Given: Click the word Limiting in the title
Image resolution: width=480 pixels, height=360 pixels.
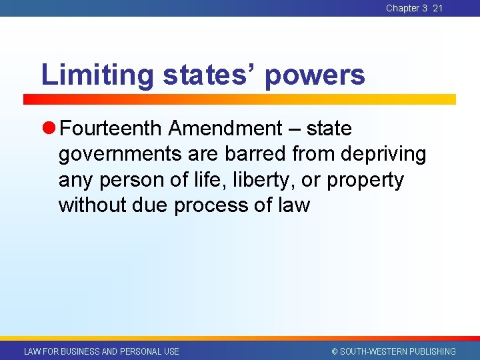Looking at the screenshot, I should click(x=98, y=75).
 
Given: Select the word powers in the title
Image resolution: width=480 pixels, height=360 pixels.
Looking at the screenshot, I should click(x=315, y=76).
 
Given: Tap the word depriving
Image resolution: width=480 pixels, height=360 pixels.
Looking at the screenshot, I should click(x=383, y=155).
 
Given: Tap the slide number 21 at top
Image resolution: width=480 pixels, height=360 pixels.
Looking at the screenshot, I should click(x=437, y=8).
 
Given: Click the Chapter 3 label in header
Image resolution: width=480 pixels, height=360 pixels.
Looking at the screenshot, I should click(x=406, y=8).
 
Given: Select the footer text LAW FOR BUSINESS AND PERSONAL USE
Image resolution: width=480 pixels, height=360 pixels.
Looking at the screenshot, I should click(x=101, y=351).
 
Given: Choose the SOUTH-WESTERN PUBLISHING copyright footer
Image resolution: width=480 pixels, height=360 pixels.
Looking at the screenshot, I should click(x=393, y=351).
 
